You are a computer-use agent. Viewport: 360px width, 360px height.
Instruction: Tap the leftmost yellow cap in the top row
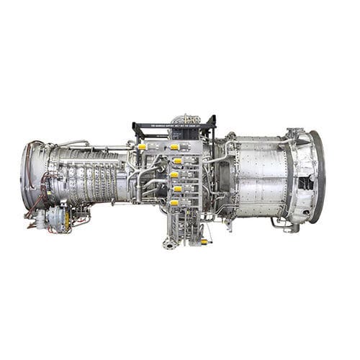coord(142,147)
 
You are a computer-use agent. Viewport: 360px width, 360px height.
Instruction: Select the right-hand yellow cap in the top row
coord(174,147)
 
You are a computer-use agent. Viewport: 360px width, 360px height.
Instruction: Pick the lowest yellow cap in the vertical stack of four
coord(174,202)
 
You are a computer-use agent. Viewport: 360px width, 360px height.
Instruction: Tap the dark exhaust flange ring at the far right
coord(318,176)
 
